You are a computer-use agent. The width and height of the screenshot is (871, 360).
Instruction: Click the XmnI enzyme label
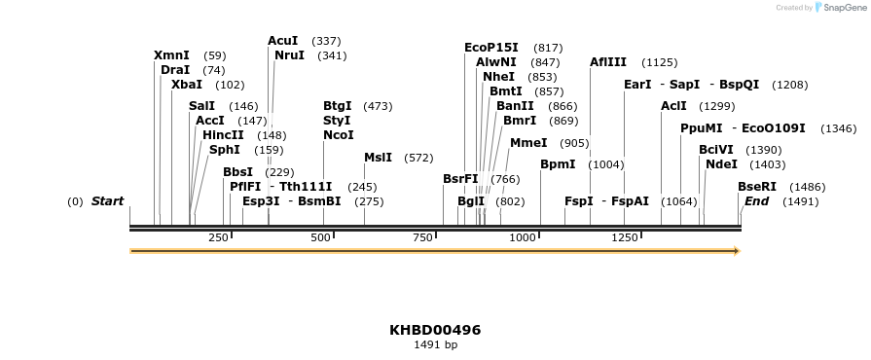pyautogui.click(x=171, y=55)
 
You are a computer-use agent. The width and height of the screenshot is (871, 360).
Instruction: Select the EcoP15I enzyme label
pyautogui.click(x=491, y=48)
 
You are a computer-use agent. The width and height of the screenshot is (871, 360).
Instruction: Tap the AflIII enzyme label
pyautogui.click(x=608, y=62)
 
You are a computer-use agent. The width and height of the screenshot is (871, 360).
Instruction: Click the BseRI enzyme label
pyautogui.click(x=757, y=186)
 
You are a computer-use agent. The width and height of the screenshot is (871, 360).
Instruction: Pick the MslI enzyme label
pyautogui.click(x=379, y=157)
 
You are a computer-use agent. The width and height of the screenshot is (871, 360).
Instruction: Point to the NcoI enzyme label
pyautogui.click(x=339, y=135)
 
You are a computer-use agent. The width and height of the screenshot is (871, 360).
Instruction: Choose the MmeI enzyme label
pyautogui.click(x=528, y=142)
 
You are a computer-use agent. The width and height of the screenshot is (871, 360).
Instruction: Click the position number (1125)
pyautogui.click(x=659, y=62)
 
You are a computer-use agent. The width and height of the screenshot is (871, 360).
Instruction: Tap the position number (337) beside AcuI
pyautogui.click(x=326, y=41)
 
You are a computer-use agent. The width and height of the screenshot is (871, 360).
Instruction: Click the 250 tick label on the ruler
pyautogui.click(x=218, y=237)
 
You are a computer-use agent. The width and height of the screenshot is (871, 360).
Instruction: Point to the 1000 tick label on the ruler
pyautogui.click(x=523, y=237)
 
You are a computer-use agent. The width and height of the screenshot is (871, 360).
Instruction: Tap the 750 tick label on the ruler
pyautogui.click(x=421, y=237)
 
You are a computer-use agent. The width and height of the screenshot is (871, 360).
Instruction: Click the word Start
pyautogui.click(x=107, y=201)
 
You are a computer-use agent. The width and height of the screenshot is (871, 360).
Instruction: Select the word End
pyautogui.click(x=756, y=201)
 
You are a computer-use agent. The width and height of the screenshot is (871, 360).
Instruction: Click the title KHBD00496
pyautogui.click(x=435, y=330)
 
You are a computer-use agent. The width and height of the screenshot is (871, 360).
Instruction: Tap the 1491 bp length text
pyautogui.click(x=435, y=344)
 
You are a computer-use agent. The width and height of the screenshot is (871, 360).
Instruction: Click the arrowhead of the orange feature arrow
pyautogui.click(x=737, y=251)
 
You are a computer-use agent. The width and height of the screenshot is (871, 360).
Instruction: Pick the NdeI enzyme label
pyautogui.click(x=721, y=164)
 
